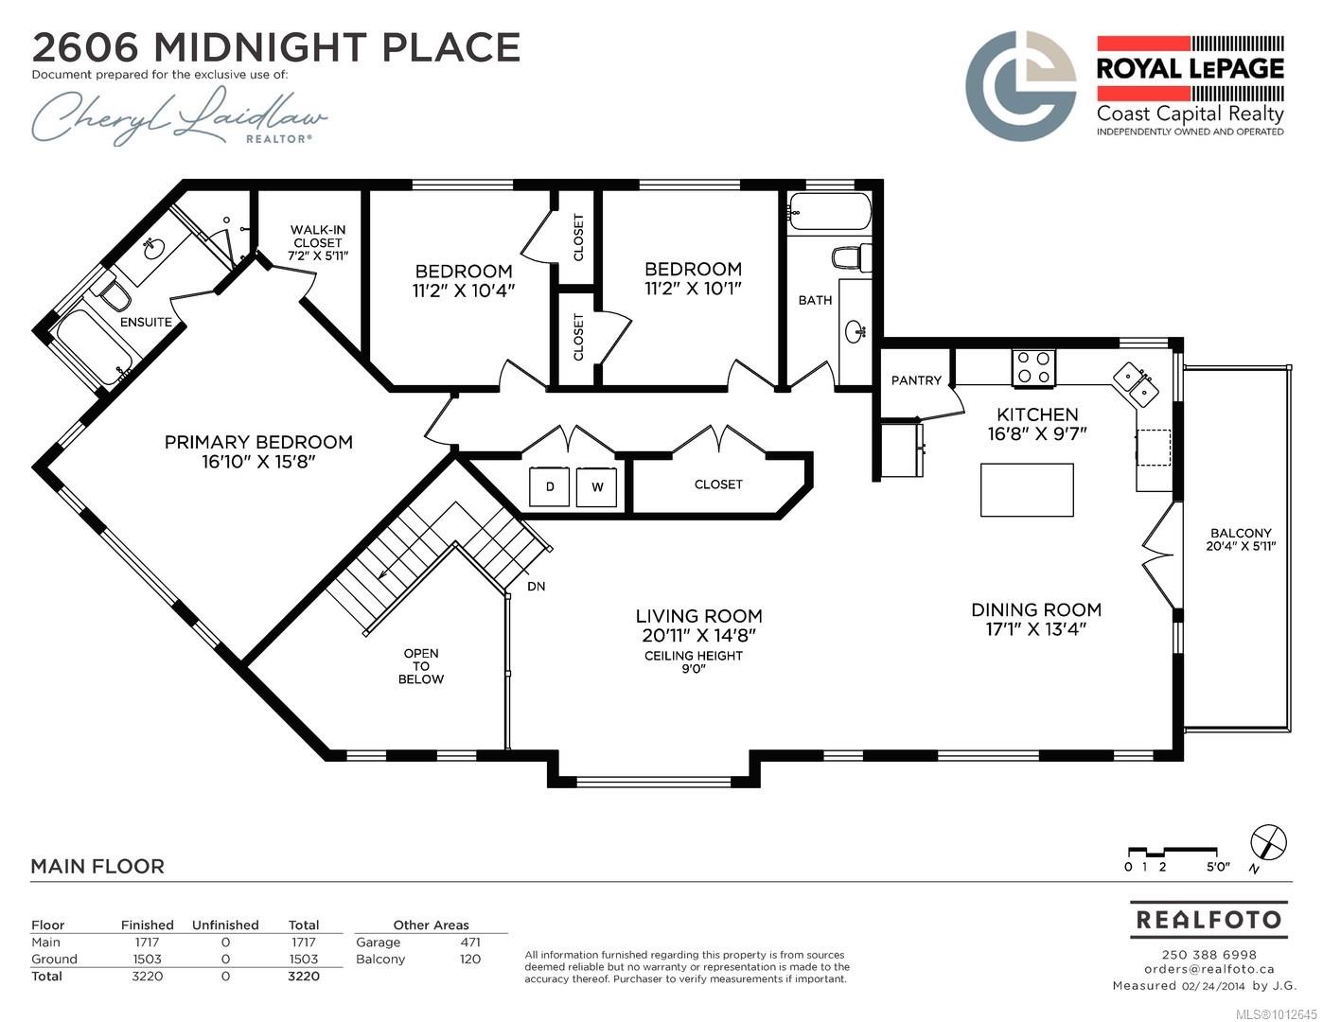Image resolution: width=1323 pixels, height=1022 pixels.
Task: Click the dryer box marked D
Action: (x=549, y=486)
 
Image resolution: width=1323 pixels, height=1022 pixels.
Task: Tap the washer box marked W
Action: (x=596, y=486)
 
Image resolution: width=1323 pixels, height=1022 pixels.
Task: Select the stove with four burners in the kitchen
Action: (x=1033, y=368)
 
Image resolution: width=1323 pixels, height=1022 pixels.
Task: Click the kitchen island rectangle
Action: (x=1027, y=490)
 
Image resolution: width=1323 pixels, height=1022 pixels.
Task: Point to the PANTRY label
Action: (x=916, y=380)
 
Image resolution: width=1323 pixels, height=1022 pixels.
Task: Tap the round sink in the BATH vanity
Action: (x=856, y=332)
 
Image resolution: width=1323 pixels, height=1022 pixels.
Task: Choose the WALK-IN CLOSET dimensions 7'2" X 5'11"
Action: (x=318, y=256)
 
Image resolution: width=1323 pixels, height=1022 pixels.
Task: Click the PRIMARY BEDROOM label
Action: (x=258, y=442)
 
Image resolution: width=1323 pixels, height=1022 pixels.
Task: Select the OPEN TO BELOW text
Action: (x=421, y=666)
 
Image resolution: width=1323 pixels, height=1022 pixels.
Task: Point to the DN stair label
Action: (x=536, y=586)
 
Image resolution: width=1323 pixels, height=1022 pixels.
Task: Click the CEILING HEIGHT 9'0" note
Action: (x=694, y=661)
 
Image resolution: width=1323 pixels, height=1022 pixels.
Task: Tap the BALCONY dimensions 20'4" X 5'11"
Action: (x=1241, y=546)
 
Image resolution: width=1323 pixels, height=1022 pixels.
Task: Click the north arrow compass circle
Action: (x=1268, y=843)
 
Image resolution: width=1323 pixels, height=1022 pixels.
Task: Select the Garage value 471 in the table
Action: (x=470, y=942)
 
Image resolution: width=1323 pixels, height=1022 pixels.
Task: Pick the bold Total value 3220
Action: (x=303, y=976)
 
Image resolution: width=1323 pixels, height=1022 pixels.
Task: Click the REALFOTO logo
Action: (x=1208, y=919)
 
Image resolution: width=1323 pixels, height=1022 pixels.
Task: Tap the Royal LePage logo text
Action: (x=1191, y=69)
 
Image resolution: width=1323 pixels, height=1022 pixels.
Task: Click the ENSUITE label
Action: (x=146, y=322)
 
